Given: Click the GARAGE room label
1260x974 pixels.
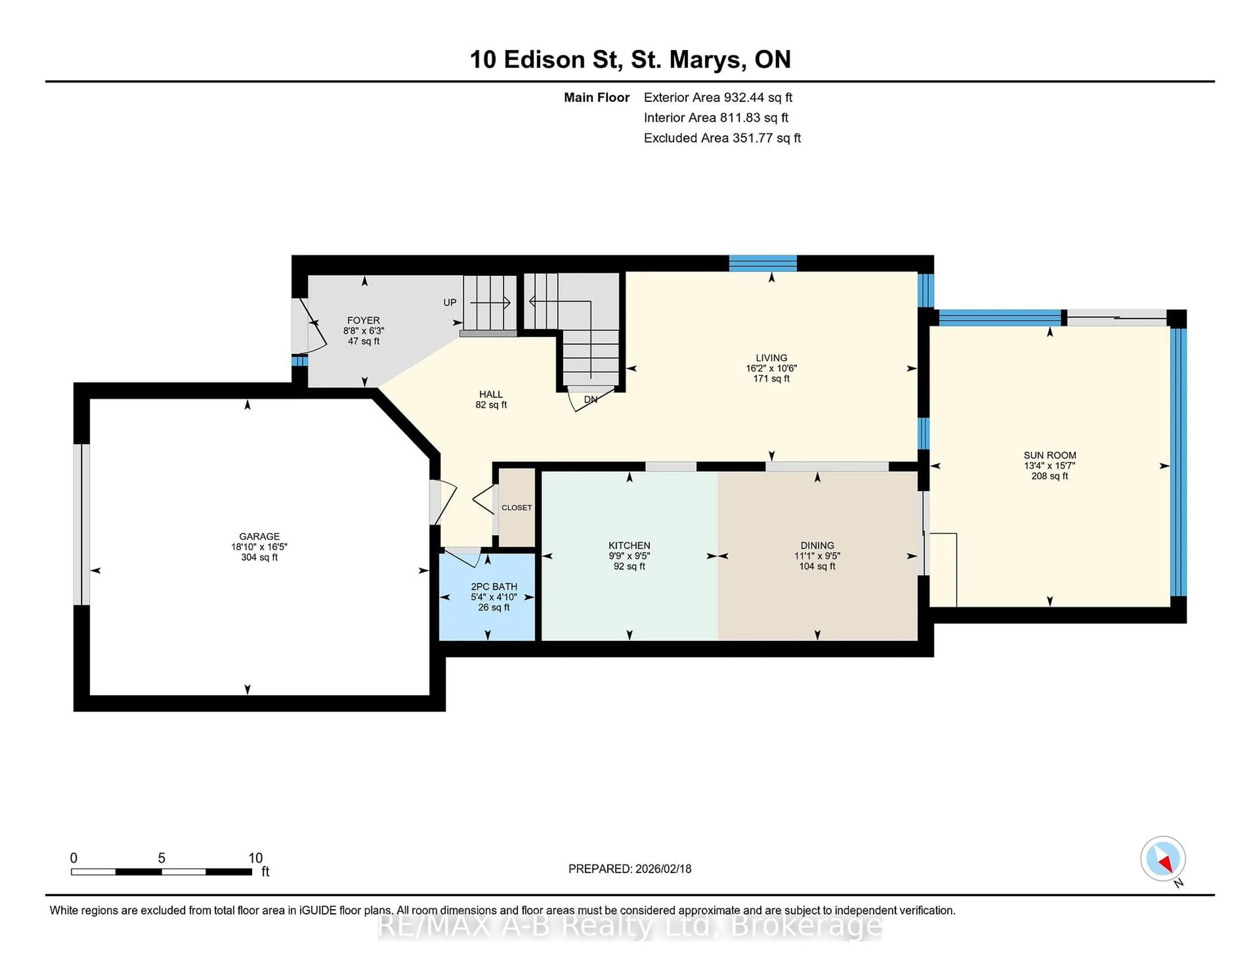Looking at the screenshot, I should coord(259,536).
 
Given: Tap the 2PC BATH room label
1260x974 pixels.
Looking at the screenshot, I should coord(494,586).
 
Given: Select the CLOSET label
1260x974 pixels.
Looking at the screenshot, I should coord(516,508).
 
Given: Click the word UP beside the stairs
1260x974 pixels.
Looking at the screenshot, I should coord(450,302).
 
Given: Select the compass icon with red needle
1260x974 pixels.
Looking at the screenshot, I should coord(1163,858).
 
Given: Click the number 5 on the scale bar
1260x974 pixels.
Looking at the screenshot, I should coord(161,858).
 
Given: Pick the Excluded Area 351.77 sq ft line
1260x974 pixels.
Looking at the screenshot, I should coord(722,138).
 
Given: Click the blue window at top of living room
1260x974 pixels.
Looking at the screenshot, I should coord(763,263).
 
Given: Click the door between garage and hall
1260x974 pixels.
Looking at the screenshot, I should coord(443,502).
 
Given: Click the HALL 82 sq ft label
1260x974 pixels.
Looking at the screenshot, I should coord(491,399).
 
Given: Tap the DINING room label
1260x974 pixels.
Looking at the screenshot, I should coord(817,545).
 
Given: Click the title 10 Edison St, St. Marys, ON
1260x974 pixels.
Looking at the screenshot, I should coord(630,59).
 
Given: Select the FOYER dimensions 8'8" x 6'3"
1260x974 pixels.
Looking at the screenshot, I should coord(364,331).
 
